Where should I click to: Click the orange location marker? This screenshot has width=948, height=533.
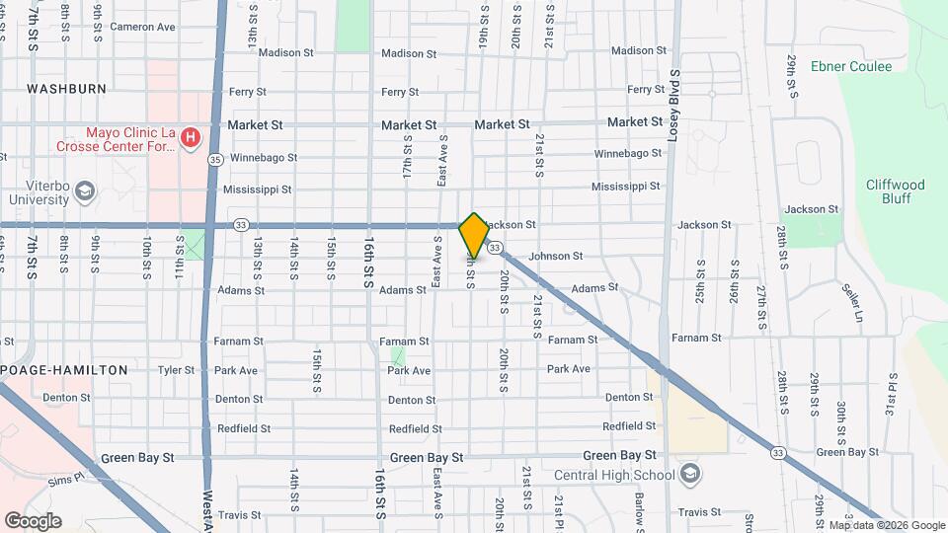tap(474, 235)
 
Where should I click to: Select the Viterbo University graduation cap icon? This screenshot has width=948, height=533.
tap(85, 190)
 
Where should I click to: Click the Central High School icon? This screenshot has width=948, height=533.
tap(689, 475)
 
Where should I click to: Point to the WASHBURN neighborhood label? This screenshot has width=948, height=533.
tap(67, 89)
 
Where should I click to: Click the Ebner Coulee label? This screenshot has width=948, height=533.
tap(850, 67)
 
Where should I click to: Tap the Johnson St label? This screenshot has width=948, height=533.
tap(555, 257)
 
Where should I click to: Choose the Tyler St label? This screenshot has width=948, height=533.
tap(177, 370)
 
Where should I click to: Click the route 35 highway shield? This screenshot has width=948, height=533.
tap(215, 158)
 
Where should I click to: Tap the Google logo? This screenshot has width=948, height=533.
tap(33, 520)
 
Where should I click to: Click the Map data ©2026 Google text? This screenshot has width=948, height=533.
tap(886, 525)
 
